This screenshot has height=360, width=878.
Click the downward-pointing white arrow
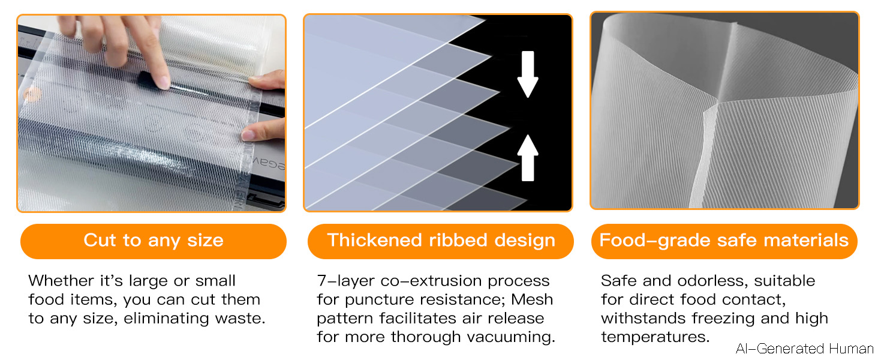[x=528, y=74]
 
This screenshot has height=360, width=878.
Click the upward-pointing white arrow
[x=528, y=158]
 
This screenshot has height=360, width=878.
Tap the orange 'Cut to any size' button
[x=154, y=241]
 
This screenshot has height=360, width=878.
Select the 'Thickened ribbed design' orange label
[x=441, y=241]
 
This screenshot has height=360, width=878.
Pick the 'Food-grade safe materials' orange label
[x=724, y=241]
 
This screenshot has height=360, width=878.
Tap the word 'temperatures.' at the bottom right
[x=655, y=337]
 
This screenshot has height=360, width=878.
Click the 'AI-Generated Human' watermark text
[x=804, y=348]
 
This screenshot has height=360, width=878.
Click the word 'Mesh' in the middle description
[x=532, y=299]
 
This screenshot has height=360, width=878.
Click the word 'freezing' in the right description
[x=723, y=319]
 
